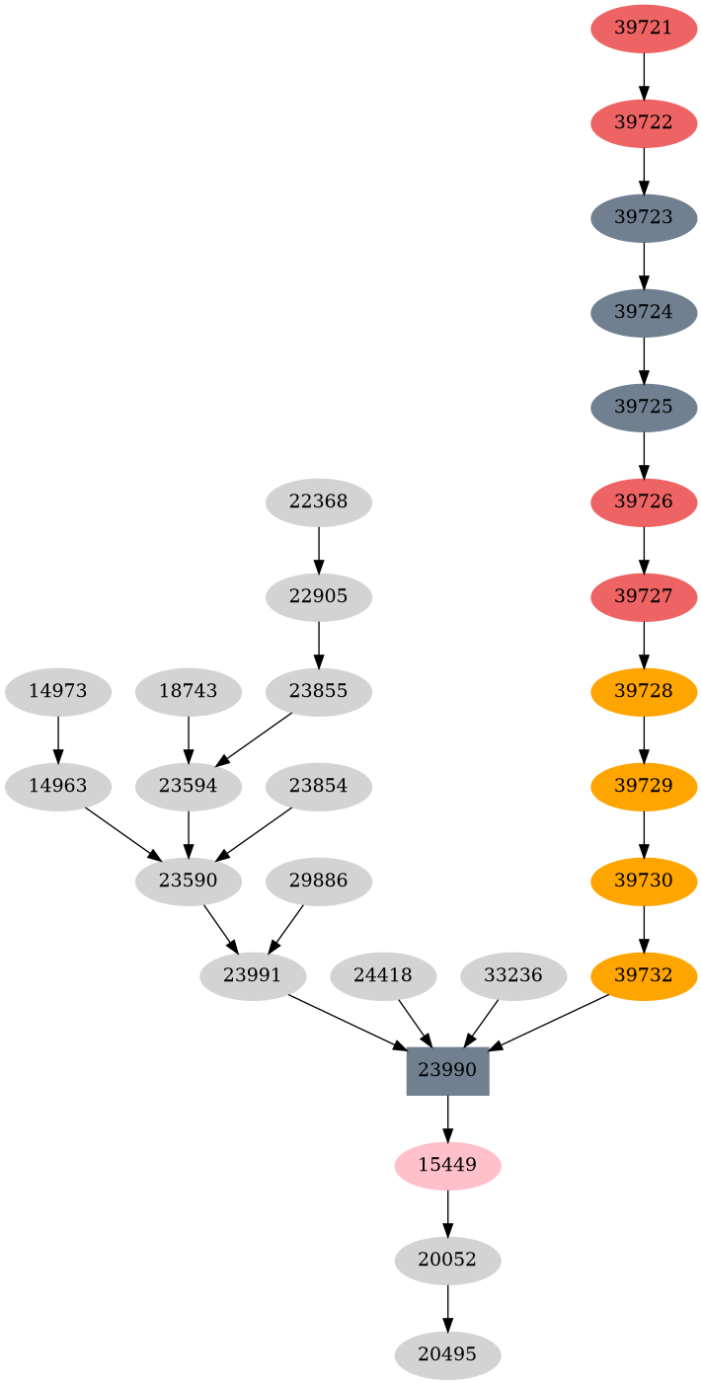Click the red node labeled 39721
click(644, 28)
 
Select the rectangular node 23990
click(447, 1070)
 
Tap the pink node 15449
click(447, 1165)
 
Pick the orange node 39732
click(644, 975)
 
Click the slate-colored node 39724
click(644, 312)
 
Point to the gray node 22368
click(318, 501)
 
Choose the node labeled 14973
click(57, 691)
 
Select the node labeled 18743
click(188, 691)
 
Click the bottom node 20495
click(447, 1354)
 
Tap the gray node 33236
click(513, 975)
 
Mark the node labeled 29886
click(318, 881)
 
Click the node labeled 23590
click(188, 881)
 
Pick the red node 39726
click(644, 501)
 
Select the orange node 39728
click(644, 691)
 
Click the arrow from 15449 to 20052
click(447, 1212)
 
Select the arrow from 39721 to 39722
click(644, 75)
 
